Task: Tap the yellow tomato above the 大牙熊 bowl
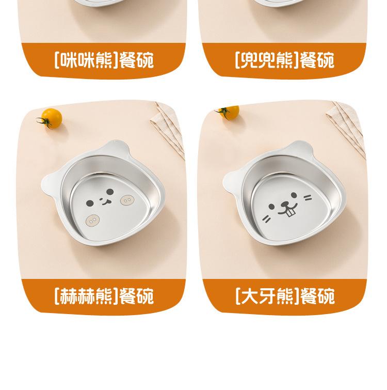229,112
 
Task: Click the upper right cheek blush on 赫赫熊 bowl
126,199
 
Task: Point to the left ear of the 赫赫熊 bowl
50,182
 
